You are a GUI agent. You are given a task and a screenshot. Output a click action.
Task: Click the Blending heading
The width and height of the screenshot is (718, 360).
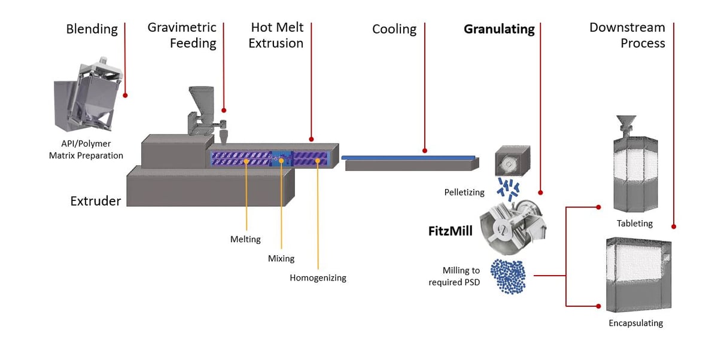tap(92, 29)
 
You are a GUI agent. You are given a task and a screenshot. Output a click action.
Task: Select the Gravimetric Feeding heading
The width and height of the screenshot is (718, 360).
tap(182, 35)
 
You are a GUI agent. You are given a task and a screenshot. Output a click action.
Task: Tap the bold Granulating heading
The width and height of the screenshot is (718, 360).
tap(499, 29)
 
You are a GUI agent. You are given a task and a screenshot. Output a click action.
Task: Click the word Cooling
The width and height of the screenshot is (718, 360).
tap(394, 29)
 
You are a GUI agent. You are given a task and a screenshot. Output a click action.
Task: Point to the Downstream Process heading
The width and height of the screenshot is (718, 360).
tap(626, 35)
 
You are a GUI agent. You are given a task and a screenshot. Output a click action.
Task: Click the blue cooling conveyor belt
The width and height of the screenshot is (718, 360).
tap(409, 157)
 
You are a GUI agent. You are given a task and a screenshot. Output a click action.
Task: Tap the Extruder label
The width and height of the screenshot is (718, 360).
tap(95, 201)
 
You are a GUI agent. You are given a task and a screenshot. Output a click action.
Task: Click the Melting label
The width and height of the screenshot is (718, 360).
tap(245, 239)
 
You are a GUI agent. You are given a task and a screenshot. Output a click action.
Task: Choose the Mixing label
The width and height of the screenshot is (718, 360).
tap(281, 258)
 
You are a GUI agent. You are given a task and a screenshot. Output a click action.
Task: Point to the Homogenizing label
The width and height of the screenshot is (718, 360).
tap(318, 277)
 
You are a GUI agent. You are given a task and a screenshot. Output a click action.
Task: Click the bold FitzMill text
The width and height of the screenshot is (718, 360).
tap(450, 231)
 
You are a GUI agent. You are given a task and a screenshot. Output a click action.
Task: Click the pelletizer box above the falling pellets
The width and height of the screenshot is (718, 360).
tap(513, 160)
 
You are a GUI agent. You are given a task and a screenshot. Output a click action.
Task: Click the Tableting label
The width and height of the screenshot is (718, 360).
tap(634, 223)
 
